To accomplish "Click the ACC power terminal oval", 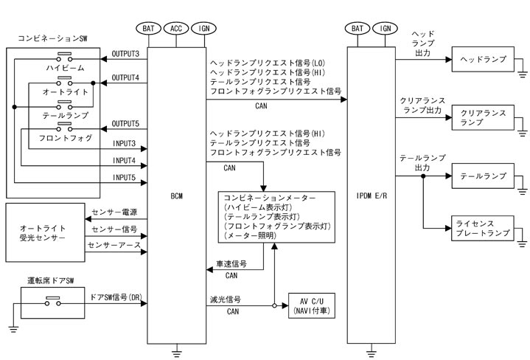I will [176, 29].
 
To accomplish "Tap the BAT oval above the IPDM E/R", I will [358, 29].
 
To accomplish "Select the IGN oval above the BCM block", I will [201, 29].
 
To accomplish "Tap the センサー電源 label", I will [115, 212].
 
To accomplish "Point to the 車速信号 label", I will [231, 263].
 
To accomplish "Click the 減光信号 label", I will [226, 300].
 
